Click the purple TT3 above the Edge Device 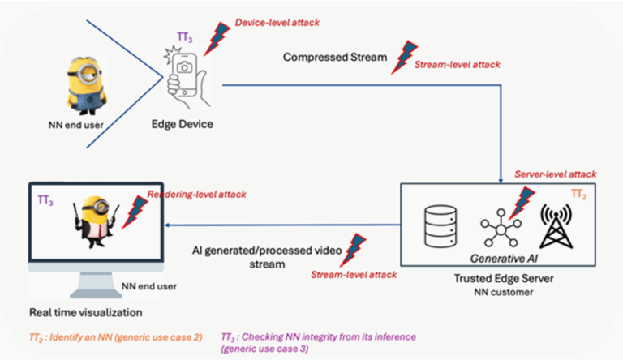coord(185,37)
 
